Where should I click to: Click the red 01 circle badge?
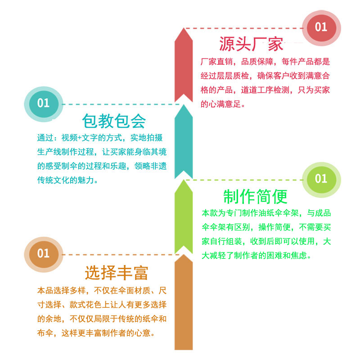coord(320,27)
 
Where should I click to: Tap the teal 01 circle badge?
coord(43,103)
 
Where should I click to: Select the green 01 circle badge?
coord(320,179)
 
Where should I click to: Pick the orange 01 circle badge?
coord(43,253)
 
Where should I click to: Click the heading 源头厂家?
coord(251,44)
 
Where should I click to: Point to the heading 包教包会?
coord(114,120)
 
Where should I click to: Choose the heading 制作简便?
coord(255,196)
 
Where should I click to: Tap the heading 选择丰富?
coord(117,272)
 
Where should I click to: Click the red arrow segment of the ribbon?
coord(184,63)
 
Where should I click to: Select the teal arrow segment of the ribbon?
coord(184,139)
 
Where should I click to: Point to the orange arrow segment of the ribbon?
coord(184,301)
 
